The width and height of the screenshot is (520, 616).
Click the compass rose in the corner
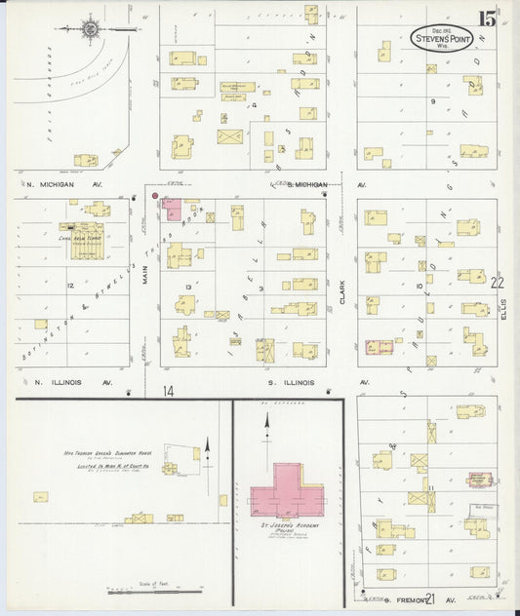[91, 29]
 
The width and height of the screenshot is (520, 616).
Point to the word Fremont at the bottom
[399, 595]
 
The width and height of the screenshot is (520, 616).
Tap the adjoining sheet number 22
[499, 283]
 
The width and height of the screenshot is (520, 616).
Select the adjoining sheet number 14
[169, 391]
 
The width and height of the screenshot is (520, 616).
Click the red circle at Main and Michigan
[155, 196]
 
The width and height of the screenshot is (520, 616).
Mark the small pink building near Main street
[173, 208]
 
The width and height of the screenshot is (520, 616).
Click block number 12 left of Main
[71, 286]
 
